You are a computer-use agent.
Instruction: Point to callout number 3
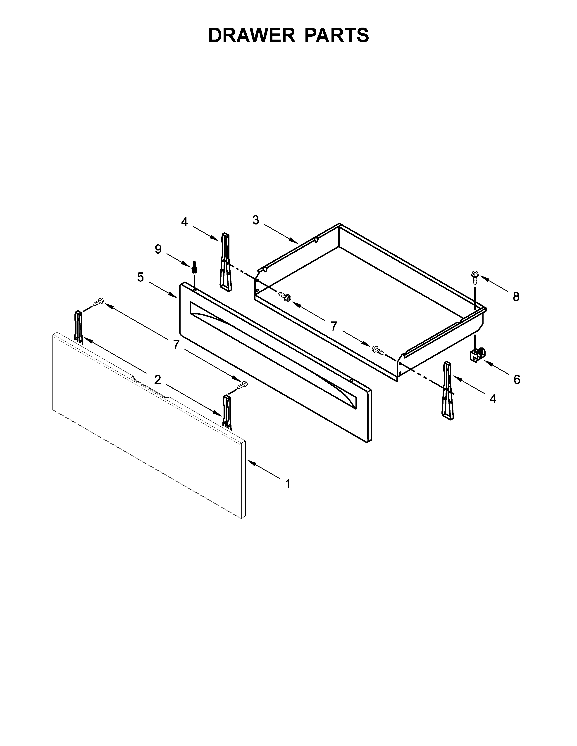coord(256,220)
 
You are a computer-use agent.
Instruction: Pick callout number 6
coord(517,379)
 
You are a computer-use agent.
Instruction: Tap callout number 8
coord(516,297)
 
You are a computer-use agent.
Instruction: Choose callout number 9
coord(158,249)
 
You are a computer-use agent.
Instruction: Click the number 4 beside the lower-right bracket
coord(493,398)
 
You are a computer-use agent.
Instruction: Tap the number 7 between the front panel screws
coord(176,345)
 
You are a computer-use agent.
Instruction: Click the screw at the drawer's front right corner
coord(378,349)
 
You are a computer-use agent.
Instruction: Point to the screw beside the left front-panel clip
coord(98,302)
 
